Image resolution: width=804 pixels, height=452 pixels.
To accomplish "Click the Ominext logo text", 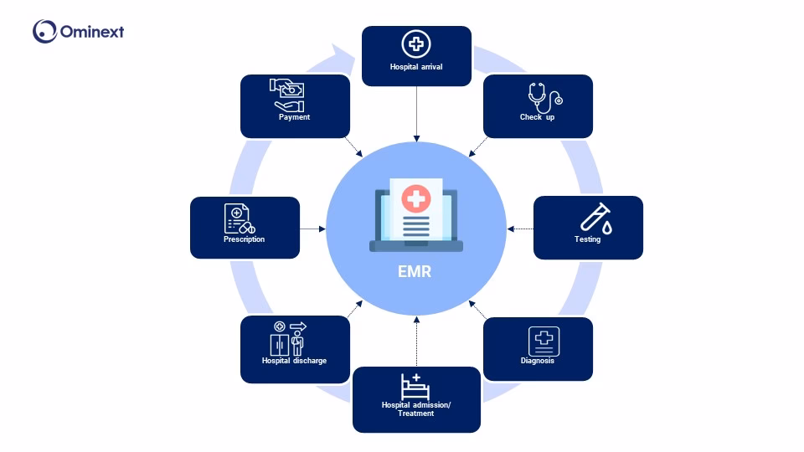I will pos(92,33).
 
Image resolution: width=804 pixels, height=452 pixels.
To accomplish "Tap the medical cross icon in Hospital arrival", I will pos(416,44).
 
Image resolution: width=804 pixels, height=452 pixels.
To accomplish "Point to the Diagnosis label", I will pos(537,362).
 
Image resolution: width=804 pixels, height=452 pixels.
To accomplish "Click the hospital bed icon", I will pos(415,387).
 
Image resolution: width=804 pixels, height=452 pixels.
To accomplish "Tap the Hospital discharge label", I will pos(294,361).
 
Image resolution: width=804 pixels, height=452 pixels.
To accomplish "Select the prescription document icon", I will pos(239,219).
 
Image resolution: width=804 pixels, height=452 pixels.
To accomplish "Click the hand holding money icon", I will pos(286,95).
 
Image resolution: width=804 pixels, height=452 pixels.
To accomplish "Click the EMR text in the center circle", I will pos(415,271).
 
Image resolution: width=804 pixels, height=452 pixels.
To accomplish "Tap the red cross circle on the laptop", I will pos(415,198).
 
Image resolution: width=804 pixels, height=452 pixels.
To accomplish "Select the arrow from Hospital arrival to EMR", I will pos(416,112).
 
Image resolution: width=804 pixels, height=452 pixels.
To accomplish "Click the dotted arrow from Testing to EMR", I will pos(520,229).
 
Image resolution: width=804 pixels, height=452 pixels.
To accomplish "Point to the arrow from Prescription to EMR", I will pos(312,229).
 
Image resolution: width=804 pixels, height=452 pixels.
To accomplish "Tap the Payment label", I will pos(294,117).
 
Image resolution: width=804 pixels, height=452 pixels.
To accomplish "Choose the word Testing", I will pos(587,239).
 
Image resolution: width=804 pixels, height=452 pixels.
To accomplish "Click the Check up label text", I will pos(537,117).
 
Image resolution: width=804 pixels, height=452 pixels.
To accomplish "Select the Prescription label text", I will pos(244,239).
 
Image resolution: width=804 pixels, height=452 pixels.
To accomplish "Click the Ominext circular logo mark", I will pos(44,32).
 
